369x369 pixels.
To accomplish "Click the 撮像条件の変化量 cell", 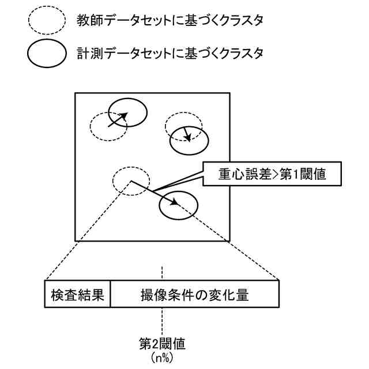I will point(194,295).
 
